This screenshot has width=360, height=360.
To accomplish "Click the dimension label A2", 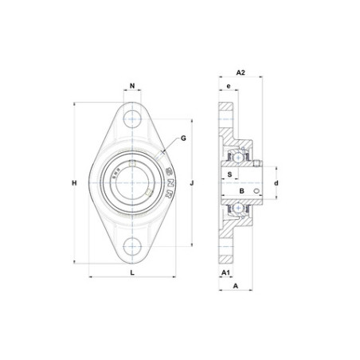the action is tap(241, 72).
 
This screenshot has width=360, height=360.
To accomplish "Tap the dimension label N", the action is tap(132, 86).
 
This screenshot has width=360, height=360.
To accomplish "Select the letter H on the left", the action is tap(74, 183).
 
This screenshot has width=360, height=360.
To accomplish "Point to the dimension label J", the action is tap(192, 183).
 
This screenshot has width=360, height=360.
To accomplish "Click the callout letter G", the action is tap(183, 139).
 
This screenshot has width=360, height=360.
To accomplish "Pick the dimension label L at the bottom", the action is tap(132, 272).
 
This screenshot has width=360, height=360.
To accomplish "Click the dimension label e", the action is tap(229, 86).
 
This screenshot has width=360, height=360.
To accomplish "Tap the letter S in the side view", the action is tap(230, 174).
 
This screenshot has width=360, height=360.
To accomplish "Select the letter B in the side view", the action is tap(241, 191).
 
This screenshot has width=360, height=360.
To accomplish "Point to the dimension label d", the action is tap(276, 183).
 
